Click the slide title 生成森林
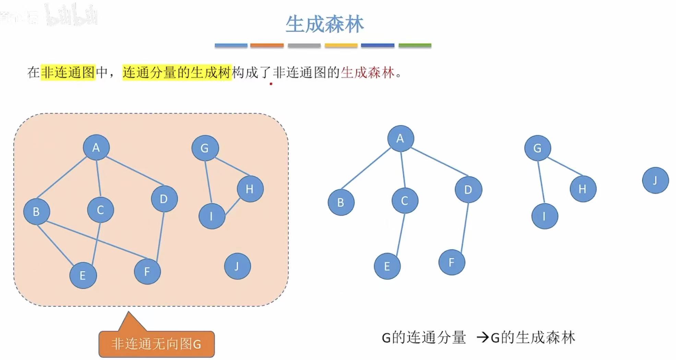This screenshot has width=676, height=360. pos(324,24)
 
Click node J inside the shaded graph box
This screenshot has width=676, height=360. pos(237,266)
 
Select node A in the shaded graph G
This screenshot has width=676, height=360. pos(96,147)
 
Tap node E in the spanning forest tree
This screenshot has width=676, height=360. pos(387,266)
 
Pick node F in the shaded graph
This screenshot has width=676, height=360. pos(147,272)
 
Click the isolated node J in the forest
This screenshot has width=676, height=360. pos(655,180)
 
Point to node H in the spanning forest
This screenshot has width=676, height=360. pos(583,189)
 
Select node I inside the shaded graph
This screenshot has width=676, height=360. pos(212,216)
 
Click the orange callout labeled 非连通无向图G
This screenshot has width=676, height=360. pos(156,344)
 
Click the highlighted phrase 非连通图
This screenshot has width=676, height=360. pos(68,72)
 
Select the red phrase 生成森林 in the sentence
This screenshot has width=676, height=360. pos(367,72)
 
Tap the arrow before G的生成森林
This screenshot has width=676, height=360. pos(483,338)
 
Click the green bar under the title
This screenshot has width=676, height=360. pos(415,45)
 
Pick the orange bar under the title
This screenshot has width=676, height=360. pos(267,45)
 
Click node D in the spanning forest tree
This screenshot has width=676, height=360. pos(468,189)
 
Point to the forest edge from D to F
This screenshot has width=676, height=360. pos(465,228)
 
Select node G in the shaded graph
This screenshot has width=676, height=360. pos(205,148)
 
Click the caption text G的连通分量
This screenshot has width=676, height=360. pos(424,338)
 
